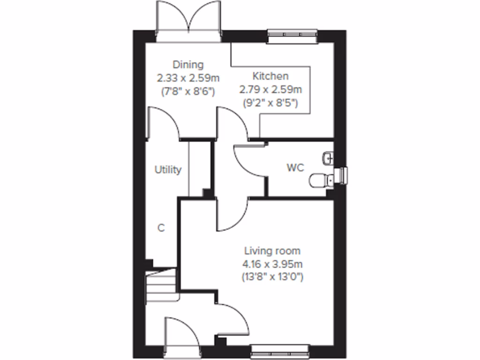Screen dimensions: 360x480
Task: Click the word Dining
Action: tap(188, 64)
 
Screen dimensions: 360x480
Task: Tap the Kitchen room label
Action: tap(270, 76)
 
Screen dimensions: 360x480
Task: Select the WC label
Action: tap(296, 167)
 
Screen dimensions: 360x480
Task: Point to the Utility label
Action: tap(168, 170)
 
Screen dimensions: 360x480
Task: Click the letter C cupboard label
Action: tap(161, 228)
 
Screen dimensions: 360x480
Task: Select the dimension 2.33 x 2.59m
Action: tap(187, 77)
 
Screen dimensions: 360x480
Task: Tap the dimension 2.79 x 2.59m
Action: tap(271, 89)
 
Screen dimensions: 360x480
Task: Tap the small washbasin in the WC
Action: tap(328, 157)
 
